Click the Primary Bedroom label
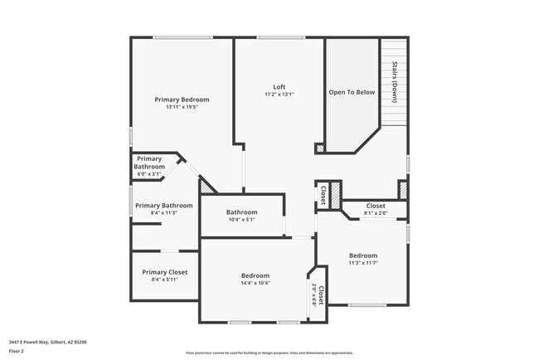pyautogui.click(x=182, y=100)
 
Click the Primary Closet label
pyautogui.click(x=164, y=272)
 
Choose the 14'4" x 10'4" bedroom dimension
pyautogui.click(x=255, y=283)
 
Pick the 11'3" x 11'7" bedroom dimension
pyautogui.click(x=362, y=263)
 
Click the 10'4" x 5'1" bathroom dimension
pyautogui.click(x=242, y=220)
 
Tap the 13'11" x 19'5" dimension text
pyautogui.click(x=182, y=107)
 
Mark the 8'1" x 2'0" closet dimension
pyautogui.click(x=376, y=213)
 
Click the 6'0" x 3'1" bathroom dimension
pyautogui.click(x=150, y=173)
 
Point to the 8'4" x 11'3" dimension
pyautogui.click(x=164, y=213)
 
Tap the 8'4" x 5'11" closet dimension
pyautogui.click(x=164, y=280)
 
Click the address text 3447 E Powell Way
pyautogui.click(x=48, y=341)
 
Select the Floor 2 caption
pyautogui.click(x=17, y=350)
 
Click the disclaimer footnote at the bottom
pyautogui.click(x=269, y=353)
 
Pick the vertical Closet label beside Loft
pyautogui.click(x=322, y=195)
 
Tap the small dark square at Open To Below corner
pyautogui.click(x=319, y=148)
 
